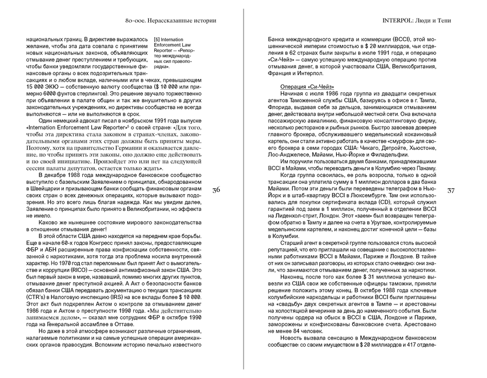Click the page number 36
(x=216, y=190)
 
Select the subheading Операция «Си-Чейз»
(x=307, y=87)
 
